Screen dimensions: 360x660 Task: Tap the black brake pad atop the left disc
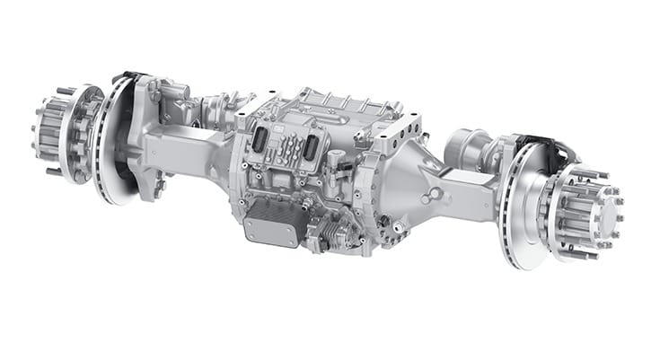click(127, 79)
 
